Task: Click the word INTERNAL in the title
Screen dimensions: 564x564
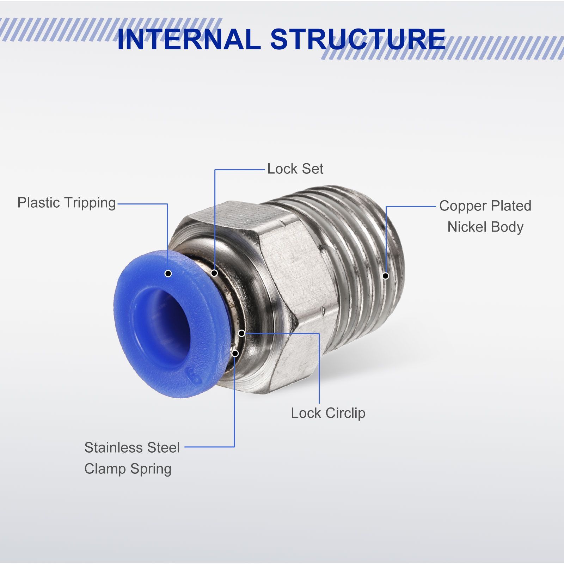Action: click(189, 39)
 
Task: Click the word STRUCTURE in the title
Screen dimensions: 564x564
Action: click(358, 39)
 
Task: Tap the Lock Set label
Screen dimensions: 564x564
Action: click(295, 169)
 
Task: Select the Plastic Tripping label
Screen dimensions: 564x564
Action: click(67, 203)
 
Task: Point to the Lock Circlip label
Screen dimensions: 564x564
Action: click(328, 413)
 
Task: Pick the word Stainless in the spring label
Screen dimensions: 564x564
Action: click(114, 448)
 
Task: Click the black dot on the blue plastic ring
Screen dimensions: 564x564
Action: click(168, 273)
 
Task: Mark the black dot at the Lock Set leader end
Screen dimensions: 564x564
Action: click(214, 273)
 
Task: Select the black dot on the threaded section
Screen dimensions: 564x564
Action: click(386, 276)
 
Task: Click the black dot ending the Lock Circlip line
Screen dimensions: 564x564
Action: click(242, 333)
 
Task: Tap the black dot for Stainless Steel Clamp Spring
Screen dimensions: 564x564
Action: click(235, 353)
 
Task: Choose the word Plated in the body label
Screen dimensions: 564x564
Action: click(511, 206)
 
